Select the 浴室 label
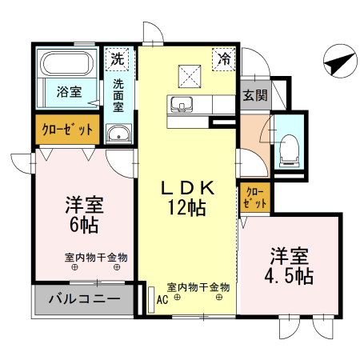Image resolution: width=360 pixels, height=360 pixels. coord(68,92)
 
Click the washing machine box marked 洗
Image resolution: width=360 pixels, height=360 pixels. coord(118,58)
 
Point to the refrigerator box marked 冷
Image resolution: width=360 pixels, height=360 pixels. coord(224,58)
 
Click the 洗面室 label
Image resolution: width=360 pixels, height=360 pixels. coord(118,96)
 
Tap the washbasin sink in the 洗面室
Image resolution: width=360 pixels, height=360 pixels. coord(118,134)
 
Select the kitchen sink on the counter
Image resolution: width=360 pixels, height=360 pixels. coord(178,104)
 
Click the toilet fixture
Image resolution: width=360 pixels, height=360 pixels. coord(290,148)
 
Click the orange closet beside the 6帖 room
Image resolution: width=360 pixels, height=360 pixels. coord(67,129)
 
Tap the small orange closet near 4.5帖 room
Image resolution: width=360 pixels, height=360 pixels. coord(254,197)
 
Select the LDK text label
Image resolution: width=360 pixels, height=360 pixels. coord(188,189)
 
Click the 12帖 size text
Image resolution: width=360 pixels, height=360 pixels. coord(188,210)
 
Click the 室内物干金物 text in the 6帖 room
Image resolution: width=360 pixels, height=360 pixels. coord(96,258)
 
